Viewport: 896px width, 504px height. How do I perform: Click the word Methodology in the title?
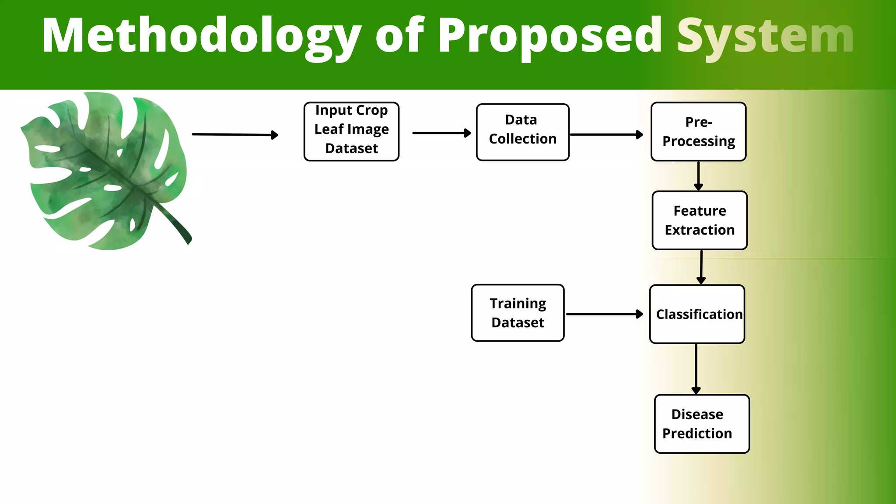201,36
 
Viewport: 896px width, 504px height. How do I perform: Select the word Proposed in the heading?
550,36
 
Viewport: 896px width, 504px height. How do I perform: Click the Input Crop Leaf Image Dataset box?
351,132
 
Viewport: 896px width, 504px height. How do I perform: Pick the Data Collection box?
522,132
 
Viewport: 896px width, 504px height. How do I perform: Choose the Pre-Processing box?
698,132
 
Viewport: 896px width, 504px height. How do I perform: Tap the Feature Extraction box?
699,220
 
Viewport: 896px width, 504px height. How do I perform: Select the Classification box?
697,314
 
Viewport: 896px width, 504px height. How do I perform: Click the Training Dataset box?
518,313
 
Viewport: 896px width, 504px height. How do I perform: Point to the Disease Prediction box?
701,423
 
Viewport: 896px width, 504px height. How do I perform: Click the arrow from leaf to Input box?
234,135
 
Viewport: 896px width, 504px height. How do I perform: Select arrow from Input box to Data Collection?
441,133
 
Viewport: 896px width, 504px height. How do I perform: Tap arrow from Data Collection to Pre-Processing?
606,135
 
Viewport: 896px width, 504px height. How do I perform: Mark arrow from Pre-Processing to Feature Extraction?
698,175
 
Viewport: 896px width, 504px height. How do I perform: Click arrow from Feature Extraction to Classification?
701,267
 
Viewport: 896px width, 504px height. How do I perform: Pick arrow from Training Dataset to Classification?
604,314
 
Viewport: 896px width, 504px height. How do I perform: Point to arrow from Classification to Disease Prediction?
696,368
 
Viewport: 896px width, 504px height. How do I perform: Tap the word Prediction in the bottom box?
697,433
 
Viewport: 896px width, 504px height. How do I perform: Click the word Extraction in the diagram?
700,230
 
